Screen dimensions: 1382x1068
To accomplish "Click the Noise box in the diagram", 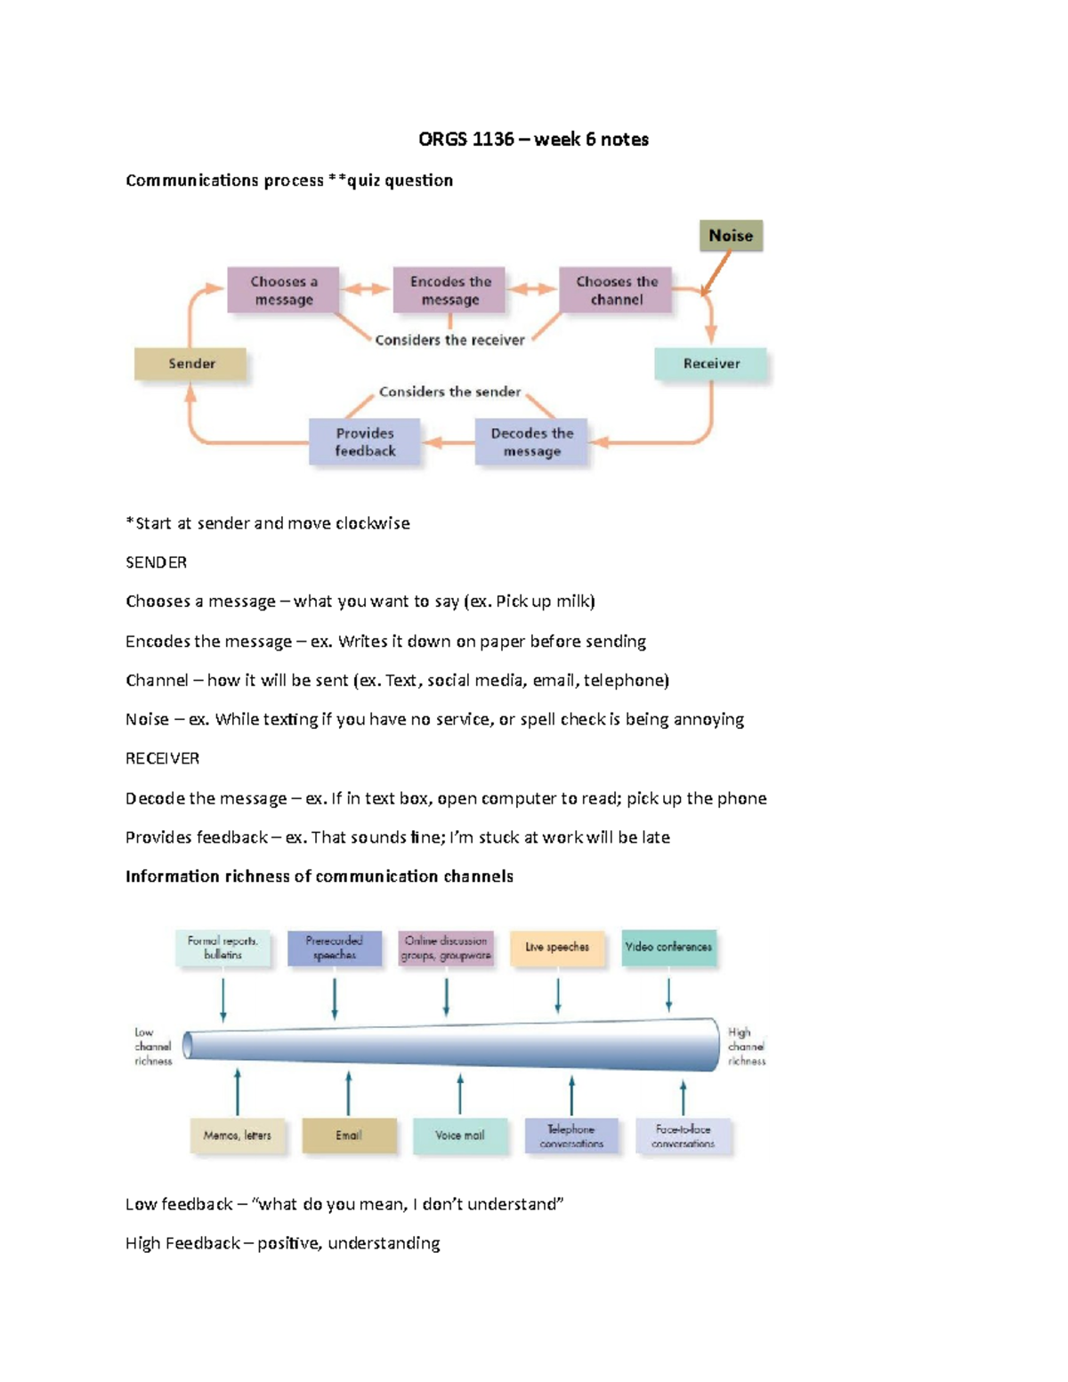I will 731,236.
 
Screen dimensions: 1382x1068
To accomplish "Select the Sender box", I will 190,364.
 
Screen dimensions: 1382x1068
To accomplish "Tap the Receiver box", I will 711,364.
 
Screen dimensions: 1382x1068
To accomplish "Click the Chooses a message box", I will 283,290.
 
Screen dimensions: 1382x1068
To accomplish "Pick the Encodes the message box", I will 449,290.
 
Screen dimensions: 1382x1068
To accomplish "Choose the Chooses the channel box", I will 616,290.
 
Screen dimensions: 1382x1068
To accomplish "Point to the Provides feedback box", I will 365,442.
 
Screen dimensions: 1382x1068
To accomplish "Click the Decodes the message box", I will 531,442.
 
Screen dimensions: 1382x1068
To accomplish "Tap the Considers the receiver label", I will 449,340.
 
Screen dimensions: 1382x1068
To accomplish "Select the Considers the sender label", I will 449,392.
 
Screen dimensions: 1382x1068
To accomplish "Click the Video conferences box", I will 668,948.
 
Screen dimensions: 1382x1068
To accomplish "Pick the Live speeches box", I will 557,948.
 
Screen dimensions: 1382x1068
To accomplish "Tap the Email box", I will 349,1136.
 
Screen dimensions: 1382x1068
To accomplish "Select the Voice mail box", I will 460,1136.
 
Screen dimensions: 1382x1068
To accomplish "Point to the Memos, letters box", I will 238,1136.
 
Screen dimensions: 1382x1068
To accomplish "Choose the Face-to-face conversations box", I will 684,1136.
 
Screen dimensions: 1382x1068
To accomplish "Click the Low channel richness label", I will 152,1047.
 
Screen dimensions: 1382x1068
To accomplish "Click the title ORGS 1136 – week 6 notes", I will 533,140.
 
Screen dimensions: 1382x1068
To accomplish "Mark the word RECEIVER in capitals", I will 162,758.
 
